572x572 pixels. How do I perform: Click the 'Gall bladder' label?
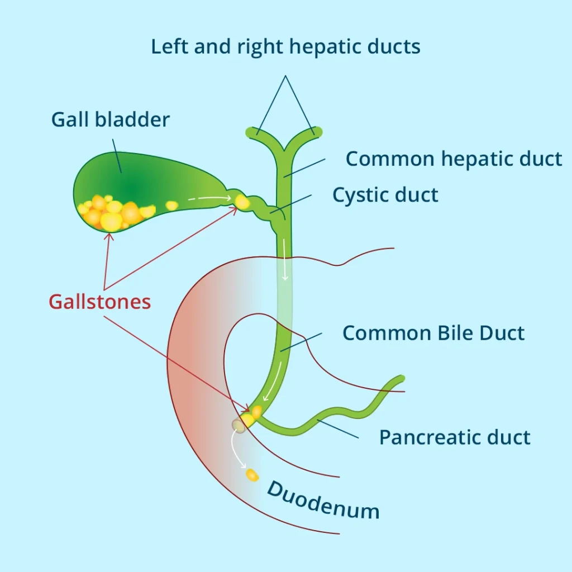(110, 120)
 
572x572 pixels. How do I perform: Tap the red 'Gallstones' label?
(99, 302)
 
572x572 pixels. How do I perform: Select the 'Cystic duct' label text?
(385, 195)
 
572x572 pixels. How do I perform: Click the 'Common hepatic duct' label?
(454, 159)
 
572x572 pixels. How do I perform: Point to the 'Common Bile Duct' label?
(433, 333)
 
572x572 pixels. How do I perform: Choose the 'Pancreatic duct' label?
(455, 437)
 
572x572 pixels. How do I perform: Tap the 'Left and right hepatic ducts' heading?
(285, 47)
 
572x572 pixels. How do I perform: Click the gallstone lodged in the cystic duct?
(242, 201)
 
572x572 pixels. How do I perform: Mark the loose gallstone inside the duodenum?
(252, 475)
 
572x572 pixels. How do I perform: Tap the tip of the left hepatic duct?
(250, 132)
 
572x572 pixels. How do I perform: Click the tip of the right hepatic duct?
(318, 131)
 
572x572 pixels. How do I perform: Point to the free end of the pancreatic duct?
(400, 379)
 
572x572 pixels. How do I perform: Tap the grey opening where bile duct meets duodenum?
(239, 426)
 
